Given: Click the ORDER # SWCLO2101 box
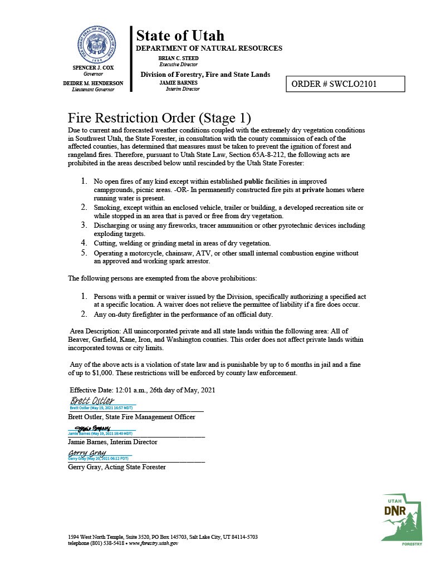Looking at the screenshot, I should pos(345,84).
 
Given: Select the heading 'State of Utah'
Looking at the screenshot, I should pos(180,36).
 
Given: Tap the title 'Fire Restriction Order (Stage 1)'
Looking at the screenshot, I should pos(159,118).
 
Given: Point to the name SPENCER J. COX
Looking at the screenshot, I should pos(93,67).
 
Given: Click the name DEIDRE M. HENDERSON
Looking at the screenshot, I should pos(93,83).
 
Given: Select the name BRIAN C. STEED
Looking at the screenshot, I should pos(174,58).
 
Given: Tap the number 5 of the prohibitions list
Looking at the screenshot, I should pos(85,253).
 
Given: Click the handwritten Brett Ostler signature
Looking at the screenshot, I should pos(92,401).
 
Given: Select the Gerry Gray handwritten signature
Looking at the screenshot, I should pos(87,453).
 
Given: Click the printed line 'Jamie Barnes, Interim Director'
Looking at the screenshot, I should pos(112,441).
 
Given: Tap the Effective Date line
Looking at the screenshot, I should pos(143,390).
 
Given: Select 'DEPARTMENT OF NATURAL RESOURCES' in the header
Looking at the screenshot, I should pos(209,48).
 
